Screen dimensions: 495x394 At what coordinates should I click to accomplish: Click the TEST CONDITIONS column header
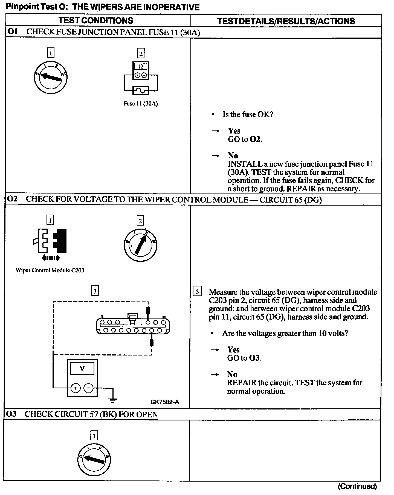click(96, 21)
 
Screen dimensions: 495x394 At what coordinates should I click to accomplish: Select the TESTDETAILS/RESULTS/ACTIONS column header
click(286, 21)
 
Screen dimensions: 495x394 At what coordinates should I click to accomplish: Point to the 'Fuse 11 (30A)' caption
click(141, 104)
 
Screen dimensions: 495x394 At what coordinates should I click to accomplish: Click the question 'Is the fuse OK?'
click(248, 114)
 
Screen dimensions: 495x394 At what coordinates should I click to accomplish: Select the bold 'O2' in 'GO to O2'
click(255, 139)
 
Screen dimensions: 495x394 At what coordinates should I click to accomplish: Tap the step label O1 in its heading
click(13, 32)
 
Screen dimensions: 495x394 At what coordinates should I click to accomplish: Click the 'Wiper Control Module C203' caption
click(50, 270)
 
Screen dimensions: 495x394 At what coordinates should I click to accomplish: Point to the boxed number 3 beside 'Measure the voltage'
click(197, 291)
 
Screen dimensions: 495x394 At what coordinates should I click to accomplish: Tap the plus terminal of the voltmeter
click(76, 388)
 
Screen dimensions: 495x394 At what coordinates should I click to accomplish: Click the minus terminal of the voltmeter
click(88, 388)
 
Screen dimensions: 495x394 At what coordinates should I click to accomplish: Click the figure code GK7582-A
click(164, 402)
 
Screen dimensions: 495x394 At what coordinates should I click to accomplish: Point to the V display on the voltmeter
click(82, 368)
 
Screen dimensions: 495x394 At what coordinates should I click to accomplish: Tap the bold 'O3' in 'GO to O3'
click(255, 358)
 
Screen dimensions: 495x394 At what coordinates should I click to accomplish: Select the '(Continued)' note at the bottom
click(357, 486)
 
